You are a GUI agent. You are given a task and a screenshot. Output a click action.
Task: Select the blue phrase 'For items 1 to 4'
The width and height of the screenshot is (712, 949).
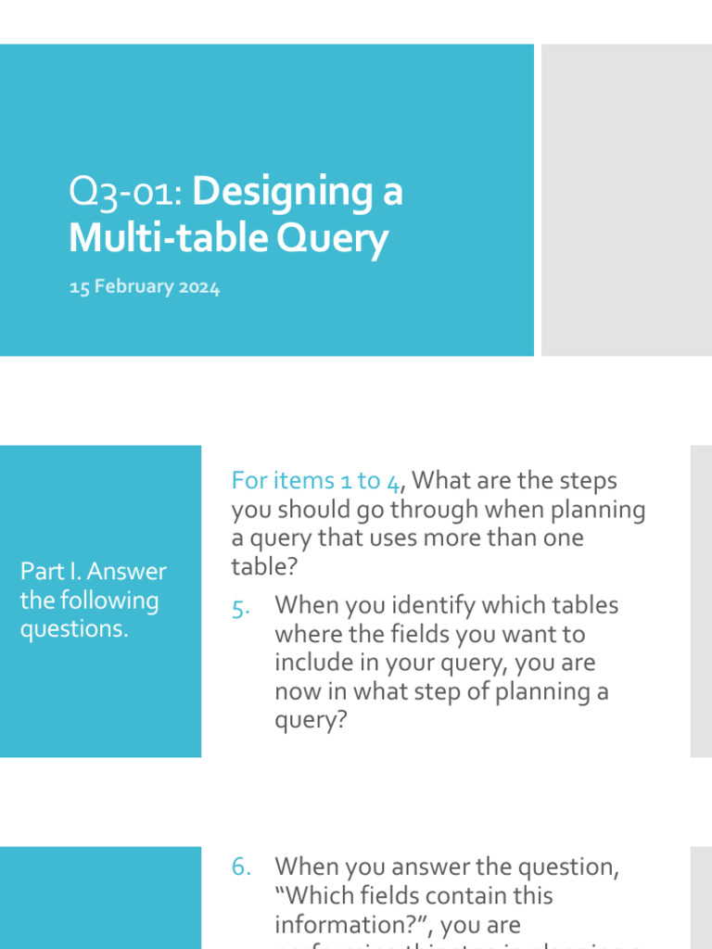click(x=316, y=481)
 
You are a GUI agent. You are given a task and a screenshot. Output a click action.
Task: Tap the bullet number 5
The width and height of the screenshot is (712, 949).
click(x=240, y=607)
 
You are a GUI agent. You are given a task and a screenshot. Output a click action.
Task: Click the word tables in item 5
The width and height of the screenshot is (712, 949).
click(x=586, y=606)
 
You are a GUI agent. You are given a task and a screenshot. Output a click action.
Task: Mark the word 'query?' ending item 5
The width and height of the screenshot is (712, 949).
click(x=310, y=721)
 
